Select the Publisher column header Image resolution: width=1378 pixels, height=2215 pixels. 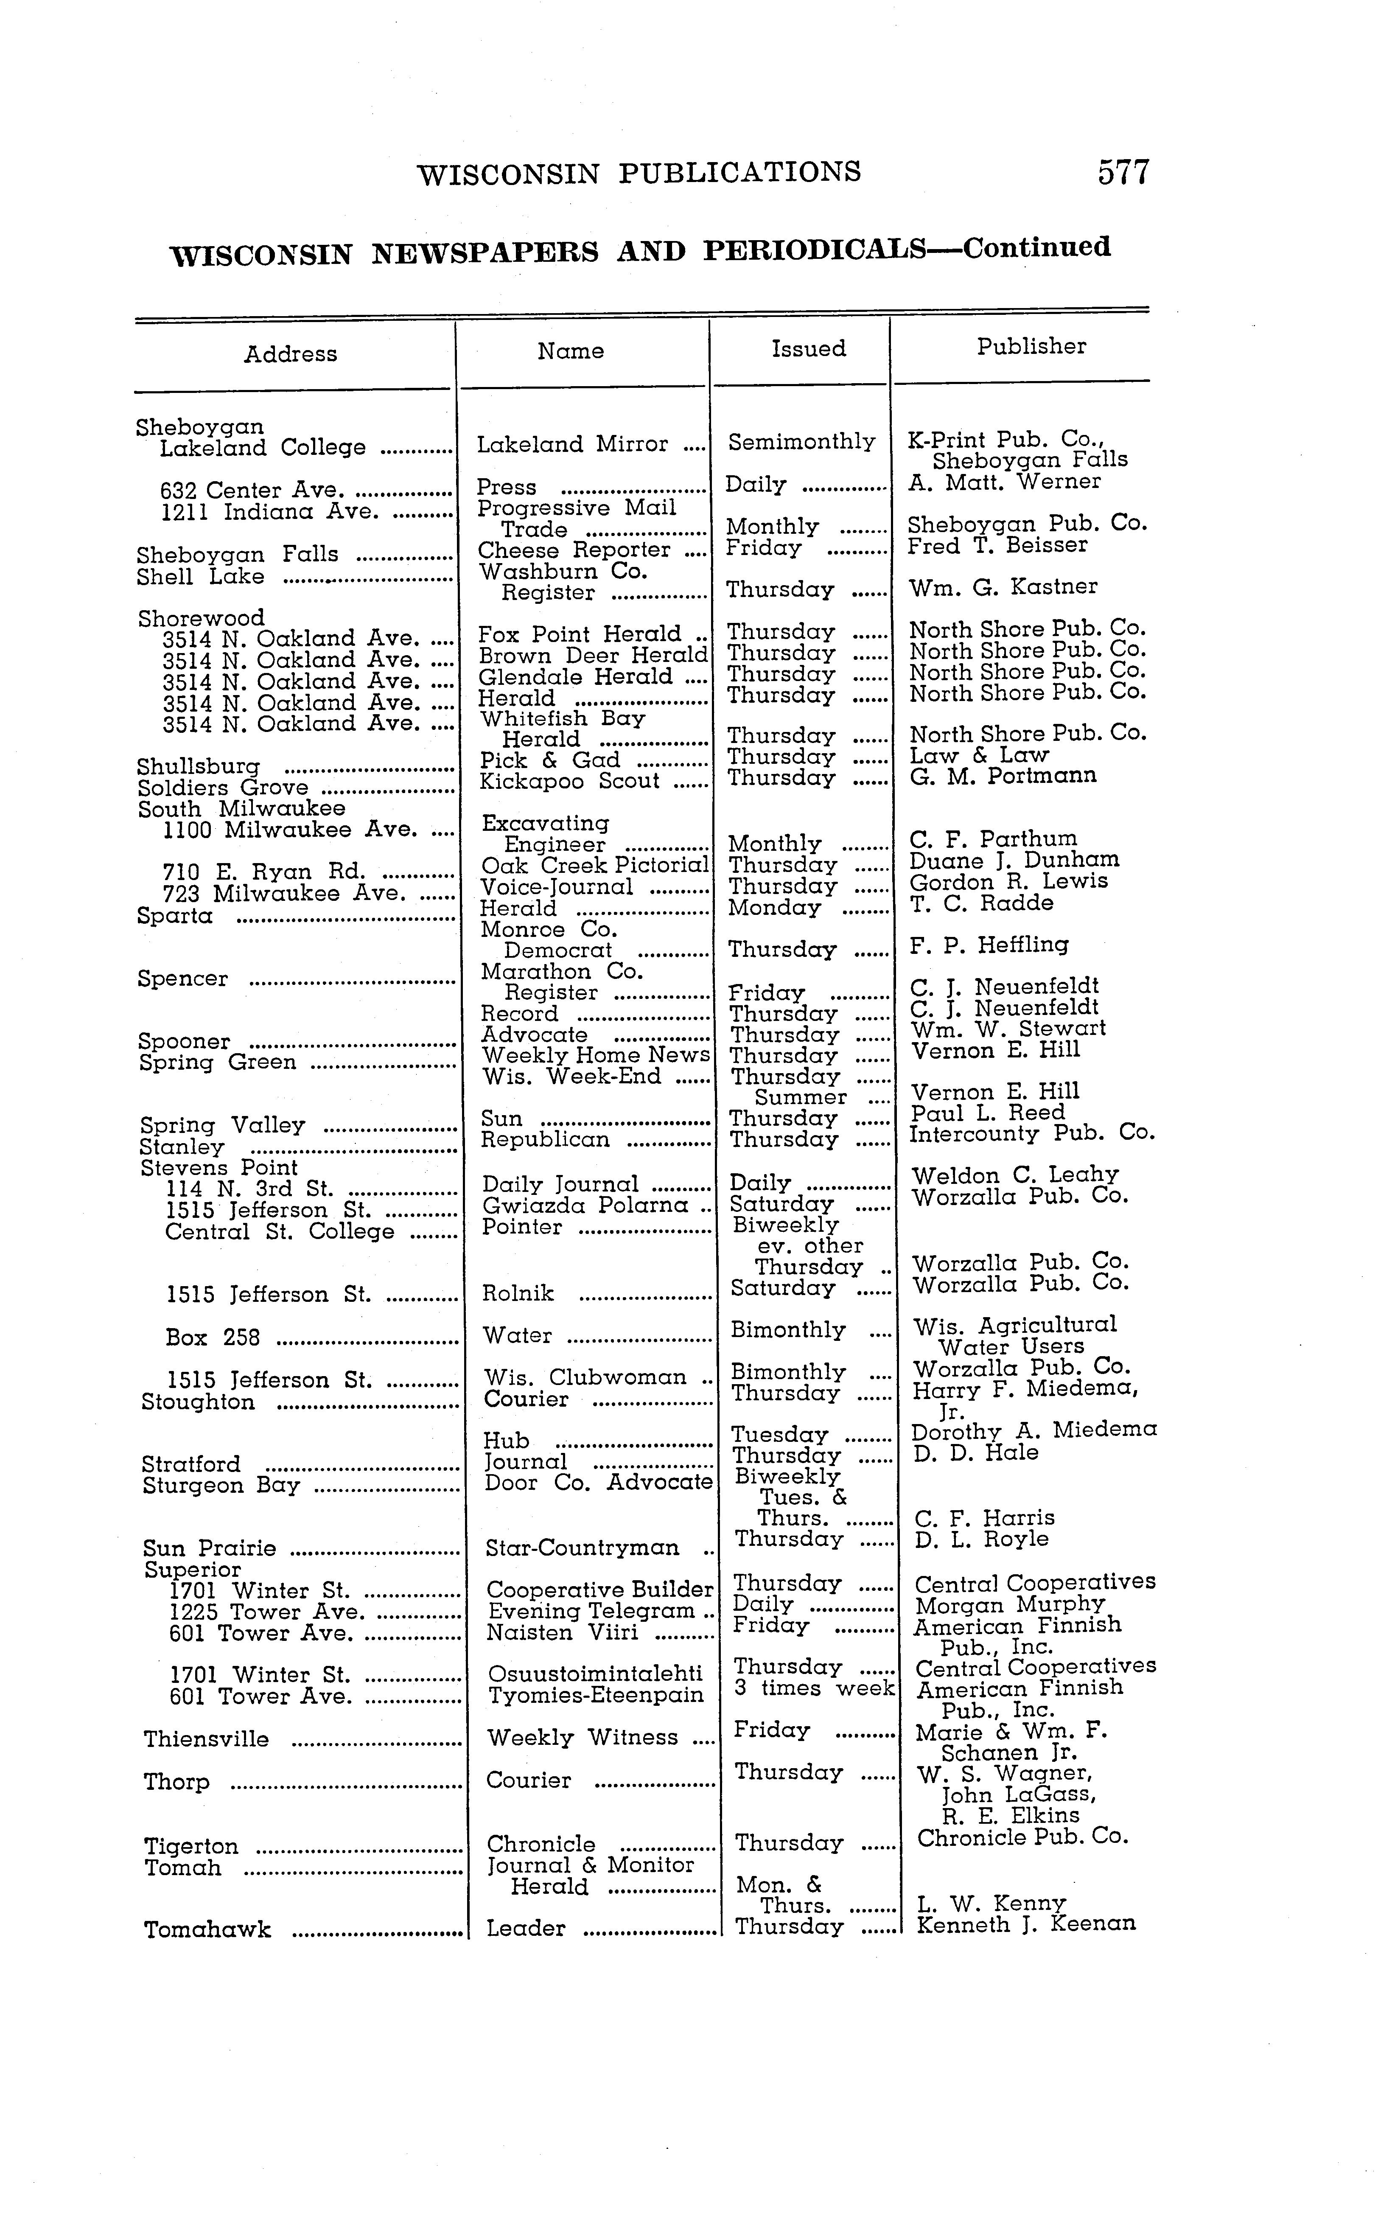coord(1031,346)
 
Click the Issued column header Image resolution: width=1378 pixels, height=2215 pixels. coord(808,349)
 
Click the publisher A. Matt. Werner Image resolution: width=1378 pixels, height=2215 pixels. coord(1004,481)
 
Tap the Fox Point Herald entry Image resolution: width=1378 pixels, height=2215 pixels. coord(580,634)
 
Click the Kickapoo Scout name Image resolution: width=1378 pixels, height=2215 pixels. coord(569,781)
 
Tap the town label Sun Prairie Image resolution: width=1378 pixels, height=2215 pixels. coord(210,1549)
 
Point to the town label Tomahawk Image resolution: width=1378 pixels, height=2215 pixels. coord(208,1931)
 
